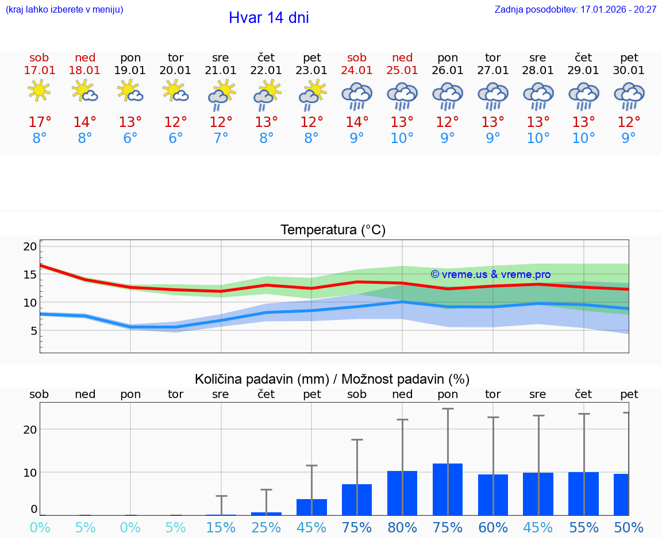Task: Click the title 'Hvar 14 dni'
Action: pos(268,18)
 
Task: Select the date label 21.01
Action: pos(221,71)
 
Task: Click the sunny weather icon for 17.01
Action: pos(39,91)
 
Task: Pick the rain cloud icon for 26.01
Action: pos(448,95)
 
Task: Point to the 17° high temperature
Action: pos(40,122)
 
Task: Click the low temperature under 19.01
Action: pos(130,138)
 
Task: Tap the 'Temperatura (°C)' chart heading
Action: pos(333,230)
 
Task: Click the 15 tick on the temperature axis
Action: pos(30,275)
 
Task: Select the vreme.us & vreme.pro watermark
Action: pos(490,275)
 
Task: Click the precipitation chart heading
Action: pos(332,379)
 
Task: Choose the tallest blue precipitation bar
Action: pos(448,489)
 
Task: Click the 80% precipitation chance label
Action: pos(402,528)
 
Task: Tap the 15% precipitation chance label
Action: pos(221,528)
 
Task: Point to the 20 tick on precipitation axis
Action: pos(30,430)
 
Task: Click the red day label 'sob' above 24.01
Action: pos(357,57)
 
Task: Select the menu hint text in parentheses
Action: pos(64,9)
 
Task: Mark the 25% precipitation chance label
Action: pos(266,528)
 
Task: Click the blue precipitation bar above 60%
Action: pos(493,495)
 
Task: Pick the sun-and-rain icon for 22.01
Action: pos(267,94)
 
